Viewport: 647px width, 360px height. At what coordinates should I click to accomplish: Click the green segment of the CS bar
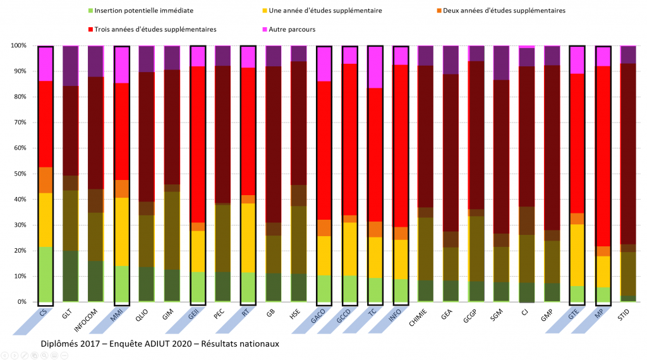click(45, 274)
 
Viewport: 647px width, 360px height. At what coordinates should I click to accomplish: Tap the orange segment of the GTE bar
click(577, 219)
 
